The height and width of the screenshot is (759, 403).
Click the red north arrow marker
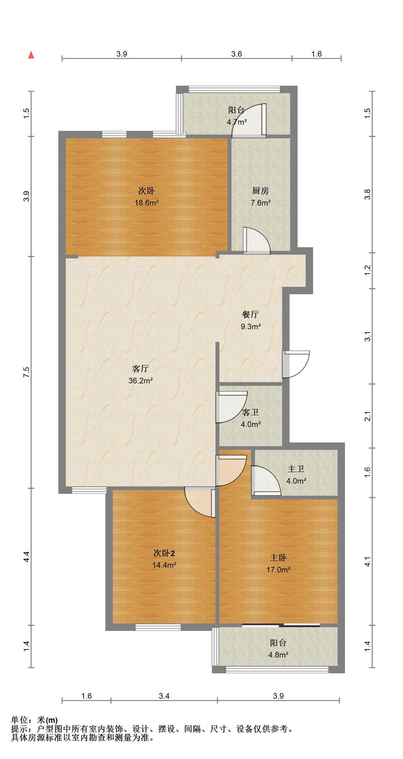pyautogui.click(x=32, y=55)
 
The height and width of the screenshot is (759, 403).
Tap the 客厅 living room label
pyautogui.click(x=140, y=369)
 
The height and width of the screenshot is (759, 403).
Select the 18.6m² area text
pyautogui.click(x=147, y=203)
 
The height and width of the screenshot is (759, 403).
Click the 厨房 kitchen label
pyautogui.click(x=260, y=191)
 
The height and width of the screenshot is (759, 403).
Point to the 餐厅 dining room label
pyautogui.click(x=250, y=315)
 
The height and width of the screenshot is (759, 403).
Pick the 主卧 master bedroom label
pyautogui.click(x=278, y=558)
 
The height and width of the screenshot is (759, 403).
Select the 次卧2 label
pyautogui.click(x=164, y=553)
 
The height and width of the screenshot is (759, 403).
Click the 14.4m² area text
pyautogui.click(x=164, y=565)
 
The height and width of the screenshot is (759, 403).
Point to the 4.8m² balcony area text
pyautogui.click(x=278, y=655)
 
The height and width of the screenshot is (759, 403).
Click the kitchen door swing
pyautogui.click(x=256, y=241)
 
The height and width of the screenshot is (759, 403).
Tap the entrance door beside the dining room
pyautogui.click(x=296, y=364)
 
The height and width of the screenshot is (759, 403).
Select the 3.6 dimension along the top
pyautogui.click(x=236, y=54)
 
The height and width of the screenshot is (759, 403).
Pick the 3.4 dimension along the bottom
pyautogui.click(x=164, y=696)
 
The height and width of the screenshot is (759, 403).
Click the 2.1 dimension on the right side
pyautogui.click(x=368, y=416)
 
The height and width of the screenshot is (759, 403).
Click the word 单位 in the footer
pyautogui.click(x=19, y=720)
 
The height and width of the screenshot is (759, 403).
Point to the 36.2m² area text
pyautogui.click(x=141, y=381)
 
